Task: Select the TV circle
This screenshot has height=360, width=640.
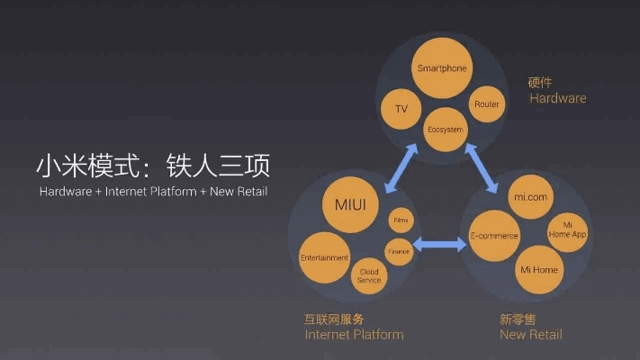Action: point(401,109)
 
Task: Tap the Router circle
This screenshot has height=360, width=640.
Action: point(486,104)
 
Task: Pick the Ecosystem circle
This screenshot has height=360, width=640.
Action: point(445,130)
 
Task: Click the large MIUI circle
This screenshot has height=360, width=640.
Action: point(350,206)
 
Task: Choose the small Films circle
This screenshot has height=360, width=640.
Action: point(400,220)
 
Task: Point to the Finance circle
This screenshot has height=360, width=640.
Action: point(399,251)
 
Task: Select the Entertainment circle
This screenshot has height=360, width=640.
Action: point(324,258)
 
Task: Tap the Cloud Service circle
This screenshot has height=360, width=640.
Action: point(369,274)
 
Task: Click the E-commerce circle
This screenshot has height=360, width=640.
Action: point(494,237)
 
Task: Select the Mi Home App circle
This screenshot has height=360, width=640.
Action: point(568,229)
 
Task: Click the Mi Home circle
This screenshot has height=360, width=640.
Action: point(539,269)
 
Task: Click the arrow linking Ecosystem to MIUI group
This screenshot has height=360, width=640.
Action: point(402,169)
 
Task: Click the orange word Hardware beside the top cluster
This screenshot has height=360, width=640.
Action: point(557,98)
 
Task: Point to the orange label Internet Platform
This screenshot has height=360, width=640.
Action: point(354,335)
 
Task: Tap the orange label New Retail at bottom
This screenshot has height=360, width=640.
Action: point(531,335)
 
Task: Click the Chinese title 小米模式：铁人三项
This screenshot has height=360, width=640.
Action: point(152,166)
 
